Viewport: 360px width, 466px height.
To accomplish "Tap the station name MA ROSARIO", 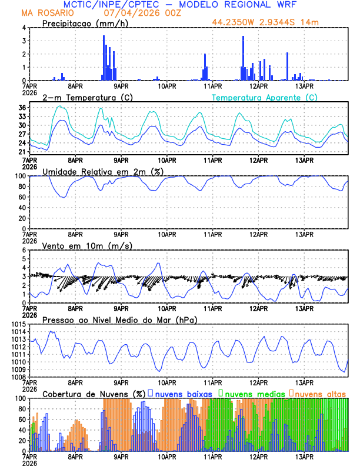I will [x=45, y=13].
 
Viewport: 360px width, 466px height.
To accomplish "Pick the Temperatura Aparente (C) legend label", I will [x=265, y=97].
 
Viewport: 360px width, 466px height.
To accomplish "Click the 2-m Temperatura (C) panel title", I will [x=87, y=97].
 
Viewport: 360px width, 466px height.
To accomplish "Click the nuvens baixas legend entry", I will [x=179, y=394].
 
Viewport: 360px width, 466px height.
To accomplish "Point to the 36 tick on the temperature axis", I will [x=22, y=108].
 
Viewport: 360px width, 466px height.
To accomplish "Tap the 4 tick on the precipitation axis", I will [x=24, y=28].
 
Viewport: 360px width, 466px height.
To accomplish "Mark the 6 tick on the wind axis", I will [x=24, y=250].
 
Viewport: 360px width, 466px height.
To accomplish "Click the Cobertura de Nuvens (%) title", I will [x=94, y=394].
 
